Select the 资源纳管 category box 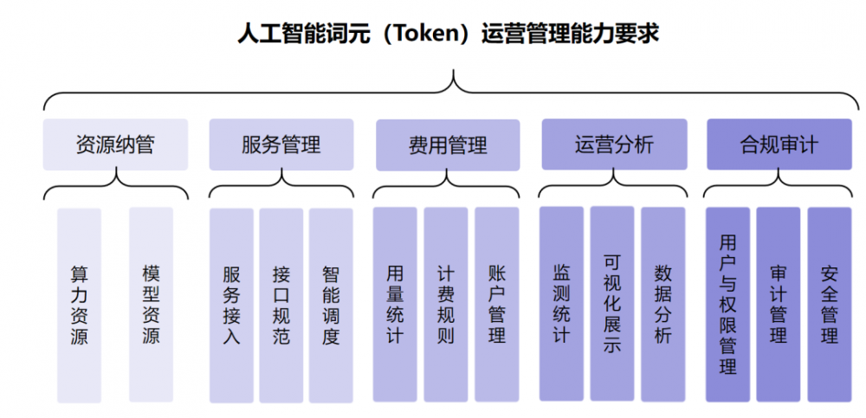(x=115, y=145)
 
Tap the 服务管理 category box (x=281, y=145)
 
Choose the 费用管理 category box (x=448, y=145)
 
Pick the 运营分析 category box (x=614, y=145)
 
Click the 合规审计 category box (x=779, y=145)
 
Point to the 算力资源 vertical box (x=80, y=305)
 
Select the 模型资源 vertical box (x=151, y=305)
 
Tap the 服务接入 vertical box (x=231, y=305)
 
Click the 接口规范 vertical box (x=281, y=305)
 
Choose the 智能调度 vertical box (x=331, y=305)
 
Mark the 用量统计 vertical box (x=395, y=305)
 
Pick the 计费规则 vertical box (x=446, y=305)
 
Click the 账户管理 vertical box (x=497, y=305)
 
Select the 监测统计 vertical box (x=562, y=304)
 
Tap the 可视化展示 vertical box (x=612, y=304)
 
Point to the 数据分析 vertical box (x=663, y=304)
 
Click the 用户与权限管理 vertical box (x=728, y=305)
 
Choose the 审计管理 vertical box (x=779, y=305)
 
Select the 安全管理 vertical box (x=830, y=305)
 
